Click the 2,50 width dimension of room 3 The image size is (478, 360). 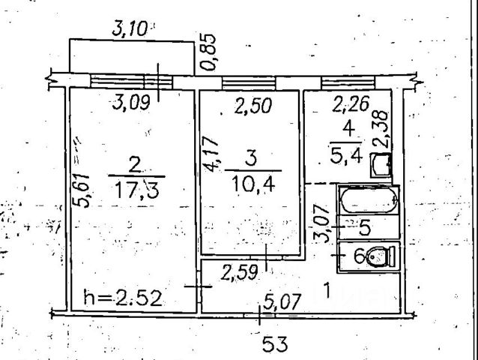coord(254,107)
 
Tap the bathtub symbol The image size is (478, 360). coord(369,201)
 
